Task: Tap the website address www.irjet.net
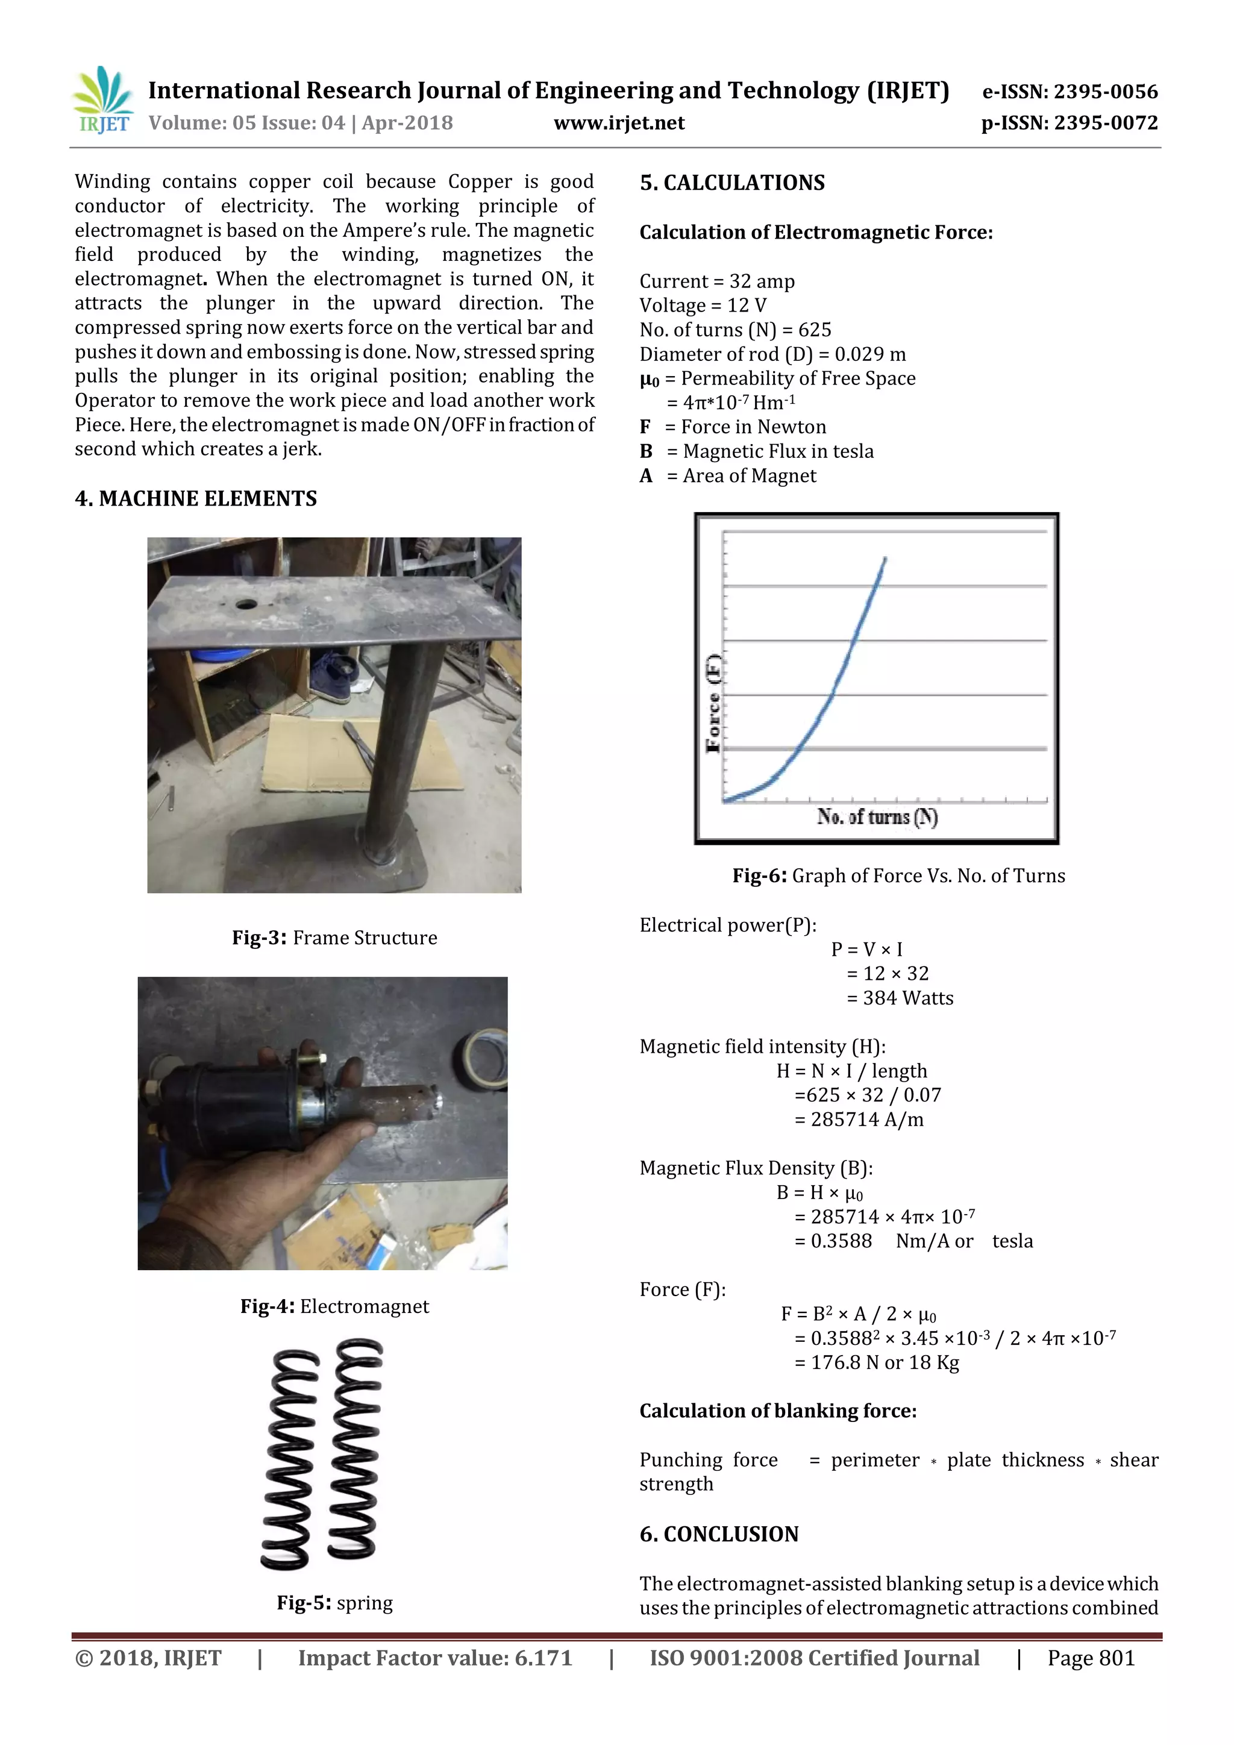click(x=619, y=123)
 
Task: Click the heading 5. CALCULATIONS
click(x=731, y=183)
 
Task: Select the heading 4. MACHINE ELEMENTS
click(x=196, y=498)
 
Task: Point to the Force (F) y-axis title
click(x=713, y=703)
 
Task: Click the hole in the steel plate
click(x=246, y=604)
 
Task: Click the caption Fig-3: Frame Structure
click(x=334, y=938)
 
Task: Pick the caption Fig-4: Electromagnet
click(x=334, y=1306)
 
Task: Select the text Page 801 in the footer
click(x=1091, y=1658)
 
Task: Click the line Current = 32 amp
click(x=716, y=281)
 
